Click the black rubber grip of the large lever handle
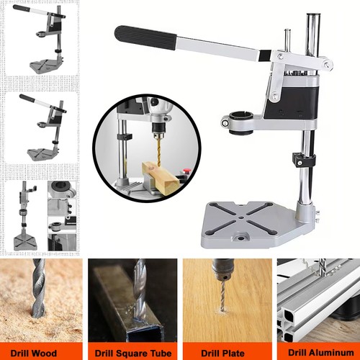pos(145,37)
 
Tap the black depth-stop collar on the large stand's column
pos(304,160)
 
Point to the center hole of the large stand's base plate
pos(240,218)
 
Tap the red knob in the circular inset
pos(186,171)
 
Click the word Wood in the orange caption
pos(45,354)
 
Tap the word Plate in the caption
pos(233,354)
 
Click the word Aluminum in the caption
pos(332,353)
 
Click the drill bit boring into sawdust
pos(38,287)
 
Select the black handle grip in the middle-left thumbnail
pos(24,97)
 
